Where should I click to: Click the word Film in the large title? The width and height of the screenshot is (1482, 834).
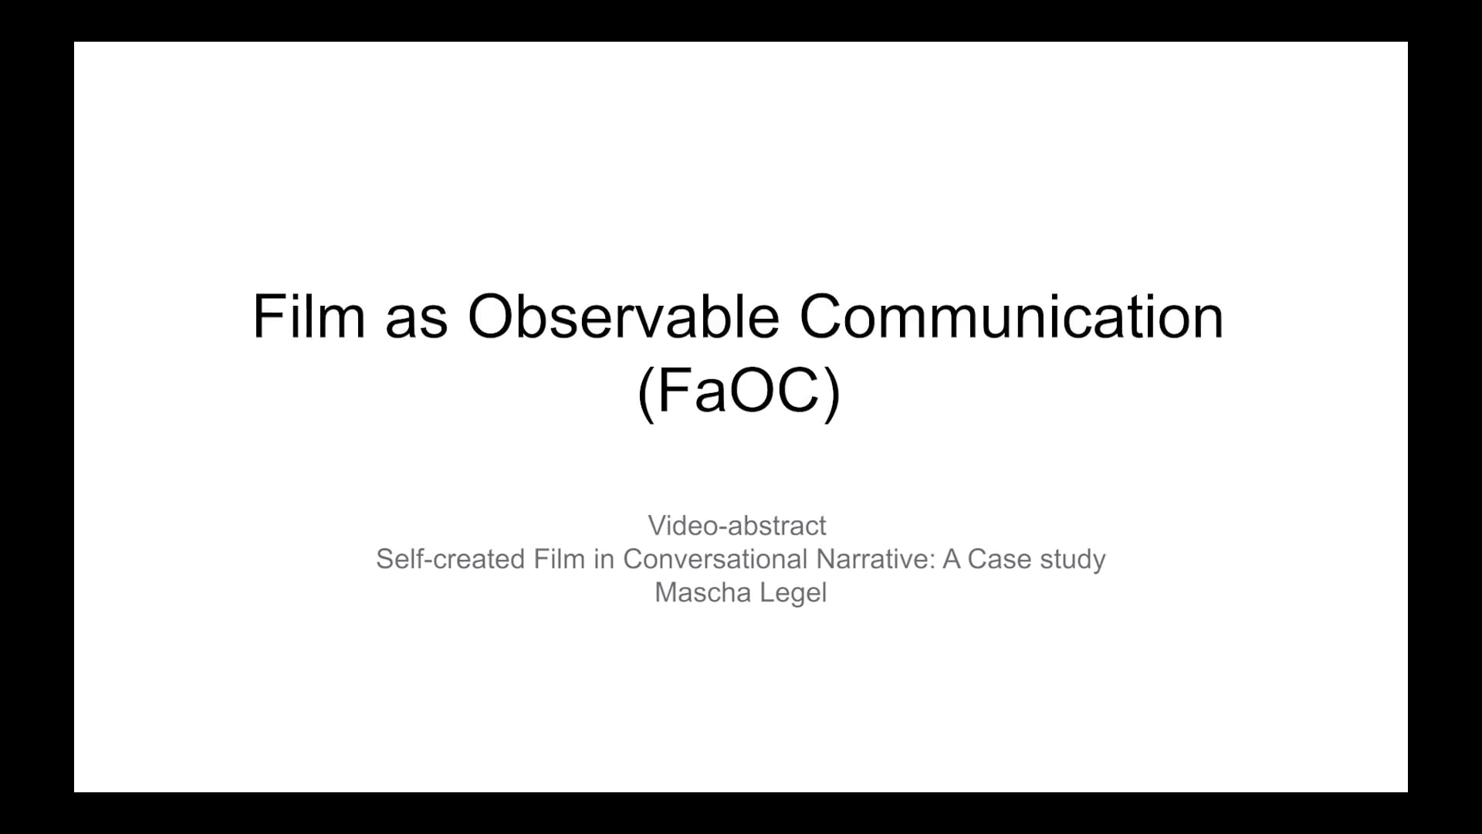pos(309,316)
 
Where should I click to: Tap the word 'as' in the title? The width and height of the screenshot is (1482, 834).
pos(416,322)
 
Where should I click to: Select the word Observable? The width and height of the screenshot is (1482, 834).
pos(623,316)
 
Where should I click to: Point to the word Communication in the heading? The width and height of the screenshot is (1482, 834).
pos(1011,316)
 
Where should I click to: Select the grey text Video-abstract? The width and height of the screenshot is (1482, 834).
pos(737,526)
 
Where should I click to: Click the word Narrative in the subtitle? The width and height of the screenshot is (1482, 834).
pos(875,559)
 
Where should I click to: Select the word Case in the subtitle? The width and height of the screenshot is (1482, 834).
pos(998,559)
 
